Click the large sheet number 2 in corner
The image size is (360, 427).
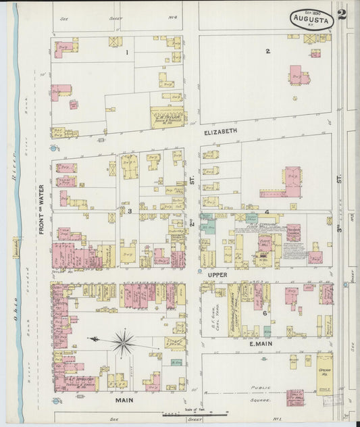(x=342, y=16)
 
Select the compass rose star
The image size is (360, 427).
(x=122, y=343)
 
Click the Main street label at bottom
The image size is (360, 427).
(x=124, y=400)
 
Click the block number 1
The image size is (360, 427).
(x=126, y=52)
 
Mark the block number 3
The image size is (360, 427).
(x=129, y=211)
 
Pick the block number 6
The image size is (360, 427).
(x=265, y=313)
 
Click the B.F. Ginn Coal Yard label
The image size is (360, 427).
(x=216, y=314)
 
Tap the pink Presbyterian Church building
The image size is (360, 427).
(x=293, y=232)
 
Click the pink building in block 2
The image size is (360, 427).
(x=298, y=75)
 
